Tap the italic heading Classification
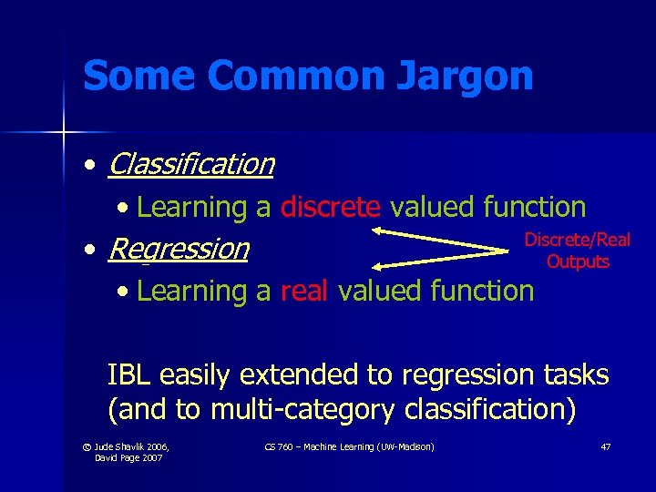(x=190, y=164)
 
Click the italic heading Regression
(x=178, y=248)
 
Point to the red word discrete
(x=330, y=207)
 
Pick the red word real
(x=304, y=291)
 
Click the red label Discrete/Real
(x=577, y=240)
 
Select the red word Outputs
(x=578, y=261)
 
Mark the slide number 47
(x=605, y=446)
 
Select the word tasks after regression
(x=571, y=374)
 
